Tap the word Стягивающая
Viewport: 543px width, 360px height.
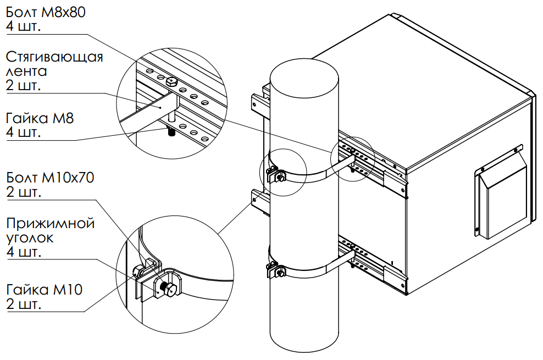coord(54,57)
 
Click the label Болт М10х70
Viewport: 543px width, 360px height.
coord(51,178)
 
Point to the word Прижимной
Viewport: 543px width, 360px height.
coord(50,224)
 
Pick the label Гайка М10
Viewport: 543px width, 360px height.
coord(44,290)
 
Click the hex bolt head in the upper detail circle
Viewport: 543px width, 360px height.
coord(171,81)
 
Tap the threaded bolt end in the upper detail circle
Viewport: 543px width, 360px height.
coord(171,134)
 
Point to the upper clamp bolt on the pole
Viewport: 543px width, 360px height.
coord(279,176)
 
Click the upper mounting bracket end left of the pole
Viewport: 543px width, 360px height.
coord(257,102)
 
